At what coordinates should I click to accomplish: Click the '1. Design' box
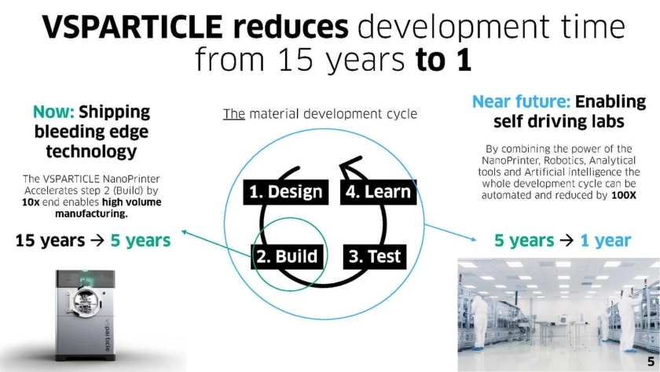point(286,192)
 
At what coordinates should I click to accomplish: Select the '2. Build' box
point(287,256)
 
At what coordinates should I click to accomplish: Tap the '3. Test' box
point(375,256)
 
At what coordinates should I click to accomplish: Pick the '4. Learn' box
point(378,192)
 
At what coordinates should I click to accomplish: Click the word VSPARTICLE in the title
point(132,27)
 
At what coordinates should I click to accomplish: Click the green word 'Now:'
point(53,112)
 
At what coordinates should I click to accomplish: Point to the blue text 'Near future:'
point(521,102)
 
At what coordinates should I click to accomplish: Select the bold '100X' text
point(624,196)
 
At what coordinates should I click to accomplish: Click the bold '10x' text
point(31,202)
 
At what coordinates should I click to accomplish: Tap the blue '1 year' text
point(606,241)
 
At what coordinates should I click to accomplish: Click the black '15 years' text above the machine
point(50,241)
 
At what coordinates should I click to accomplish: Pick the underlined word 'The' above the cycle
point(233,114)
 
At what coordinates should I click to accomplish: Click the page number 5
point(651,362)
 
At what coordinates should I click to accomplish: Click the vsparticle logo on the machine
point(107,335)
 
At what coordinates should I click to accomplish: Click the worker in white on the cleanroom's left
point(479,323)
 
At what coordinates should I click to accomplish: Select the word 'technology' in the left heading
point(91,151)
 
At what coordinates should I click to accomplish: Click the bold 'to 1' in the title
point(443,60)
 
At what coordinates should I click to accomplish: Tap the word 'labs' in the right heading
point(606,121)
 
